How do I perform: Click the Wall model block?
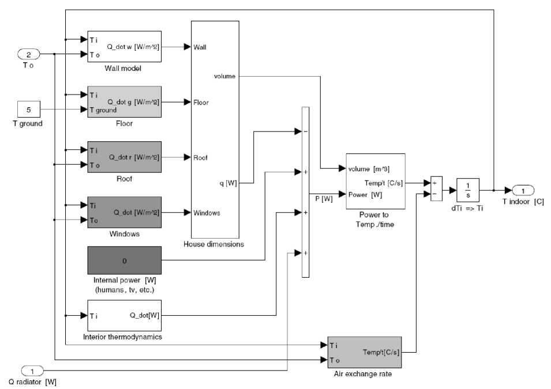tap(124, 47)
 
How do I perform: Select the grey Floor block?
tap(124, 102)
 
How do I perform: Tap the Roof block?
tap(124, 157)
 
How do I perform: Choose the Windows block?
tap(124, 213)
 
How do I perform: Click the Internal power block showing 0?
tap(124, 260)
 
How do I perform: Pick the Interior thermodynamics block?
tap(124, 315)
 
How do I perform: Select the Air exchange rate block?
tap(364, 352)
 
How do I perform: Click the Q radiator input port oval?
tap(32, 371)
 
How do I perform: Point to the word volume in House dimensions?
tap(224, 76)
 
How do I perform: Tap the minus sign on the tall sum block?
tap(305, 131)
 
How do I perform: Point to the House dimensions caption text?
tap(213, 244)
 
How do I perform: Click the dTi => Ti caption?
tap(468, 208)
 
